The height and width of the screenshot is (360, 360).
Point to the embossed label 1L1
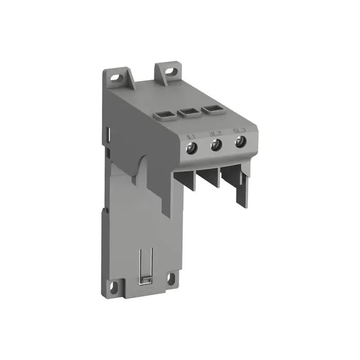click(x=190, y=136)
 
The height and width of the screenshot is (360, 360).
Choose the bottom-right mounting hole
click(x=170, y=278)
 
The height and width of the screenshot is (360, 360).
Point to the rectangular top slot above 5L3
click(x=211, y=109)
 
